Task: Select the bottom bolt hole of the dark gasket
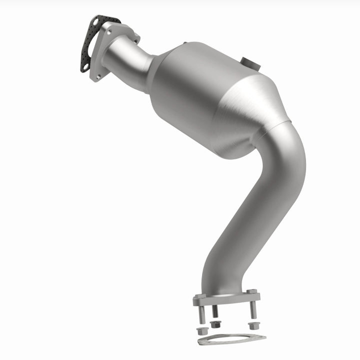click(x=85, y=65)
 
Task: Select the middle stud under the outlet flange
click(x=215, y=313)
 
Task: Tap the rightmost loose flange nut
click(x=252, y=326)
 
